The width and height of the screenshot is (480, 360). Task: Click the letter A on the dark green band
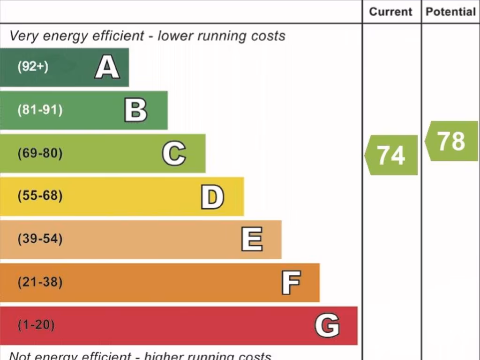(107, 67)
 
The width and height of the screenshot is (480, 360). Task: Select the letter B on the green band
(135, 110)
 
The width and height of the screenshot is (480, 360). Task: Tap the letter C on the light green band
(174, 153)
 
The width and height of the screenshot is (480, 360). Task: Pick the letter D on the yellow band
(212, 196)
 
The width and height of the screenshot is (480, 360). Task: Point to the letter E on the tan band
(252, 239)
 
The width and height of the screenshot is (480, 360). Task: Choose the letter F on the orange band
(291, 282)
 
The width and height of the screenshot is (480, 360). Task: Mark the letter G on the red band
(327, 325)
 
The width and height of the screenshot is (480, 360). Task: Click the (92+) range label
(33, 67)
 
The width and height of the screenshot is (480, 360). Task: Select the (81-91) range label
(40, 110)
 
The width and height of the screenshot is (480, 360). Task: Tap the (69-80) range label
(40, 153)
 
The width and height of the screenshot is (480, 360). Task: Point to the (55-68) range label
(40, 196)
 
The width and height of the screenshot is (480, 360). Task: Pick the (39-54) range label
(40, 239)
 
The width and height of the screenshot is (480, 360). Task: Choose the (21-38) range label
(40, 282)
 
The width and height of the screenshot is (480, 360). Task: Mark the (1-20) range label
(36, 325)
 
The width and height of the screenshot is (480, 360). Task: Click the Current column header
(391, 12)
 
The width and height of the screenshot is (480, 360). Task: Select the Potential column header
(450, 12)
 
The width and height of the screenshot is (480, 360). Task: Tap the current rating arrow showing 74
(391, 155)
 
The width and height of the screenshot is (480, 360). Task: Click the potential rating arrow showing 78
(451, 141)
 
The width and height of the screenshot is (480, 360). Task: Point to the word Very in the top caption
(22, 36)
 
